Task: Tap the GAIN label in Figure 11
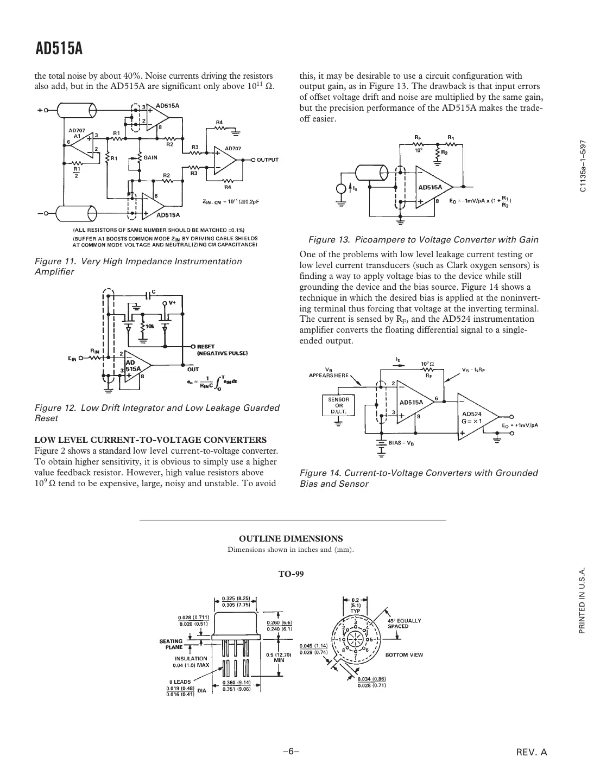tap(150, 157)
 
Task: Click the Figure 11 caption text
tap(138, 266)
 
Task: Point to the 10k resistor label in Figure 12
tap(149, 327)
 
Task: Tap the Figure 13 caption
tap(423, 240)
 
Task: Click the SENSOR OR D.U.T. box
tap(338, 405)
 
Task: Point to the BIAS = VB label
tap(402, 443)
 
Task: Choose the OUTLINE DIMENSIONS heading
tap(291, 538)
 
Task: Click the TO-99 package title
tap(290, 574)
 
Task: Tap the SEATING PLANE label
tap(170, 644)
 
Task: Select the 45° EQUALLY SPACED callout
tap(403, 623)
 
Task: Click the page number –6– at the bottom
tap(291, 752)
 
